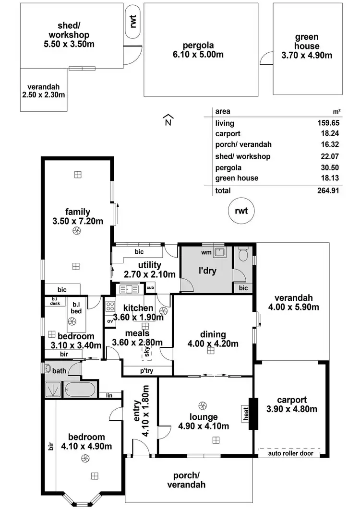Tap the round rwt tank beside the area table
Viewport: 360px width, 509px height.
tap(241, 212)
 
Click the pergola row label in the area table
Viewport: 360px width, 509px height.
tap(228, 167)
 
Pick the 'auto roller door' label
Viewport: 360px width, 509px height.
tap(288, 452)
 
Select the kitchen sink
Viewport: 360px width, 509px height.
tap(129, 289)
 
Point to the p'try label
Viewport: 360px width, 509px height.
tap(147, 371)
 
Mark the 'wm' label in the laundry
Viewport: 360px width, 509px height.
tap(206, 251)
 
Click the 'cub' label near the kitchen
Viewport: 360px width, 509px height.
tap(150, 288)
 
